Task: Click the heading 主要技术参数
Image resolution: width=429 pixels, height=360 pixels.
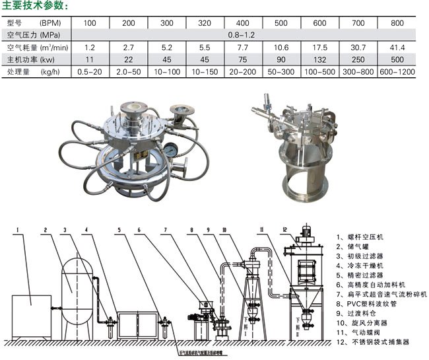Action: (x=36, y=6)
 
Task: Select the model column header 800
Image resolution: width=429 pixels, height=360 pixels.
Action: (x=397, y=22)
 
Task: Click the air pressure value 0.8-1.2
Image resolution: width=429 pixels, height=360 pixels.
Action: (x=241, y=34)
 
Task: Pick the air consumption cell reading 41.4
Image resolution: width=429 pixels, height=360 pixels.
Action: (x=397, y=48)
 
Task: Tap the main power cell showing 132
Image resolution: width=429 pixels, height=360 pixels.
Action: (x=319, y=59)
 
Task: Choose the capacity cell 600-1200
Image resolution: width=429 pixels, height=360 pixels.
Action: (x=397, y=71)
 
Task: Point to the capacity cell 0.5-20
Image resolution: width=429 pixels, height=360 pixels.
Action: (x=88, y=71)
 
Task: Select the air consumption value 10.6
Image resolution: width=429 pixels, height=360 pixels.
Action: (x=280, y=48)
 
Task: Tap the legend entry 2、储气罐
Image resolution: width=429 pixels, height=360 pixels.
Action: (x=354, y=246)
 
